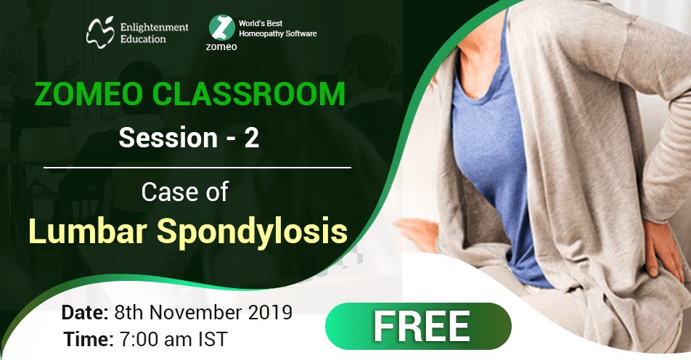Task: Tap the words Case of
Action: click(x=185, y=192)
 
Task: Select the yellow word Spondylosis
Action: click(x=251, y=230)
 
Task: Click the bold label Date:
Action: click(x=85, y=313)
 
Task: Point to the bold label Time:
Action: click(x=87, y=338)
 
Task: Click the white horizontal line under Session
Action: click(x=197, y=167)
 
